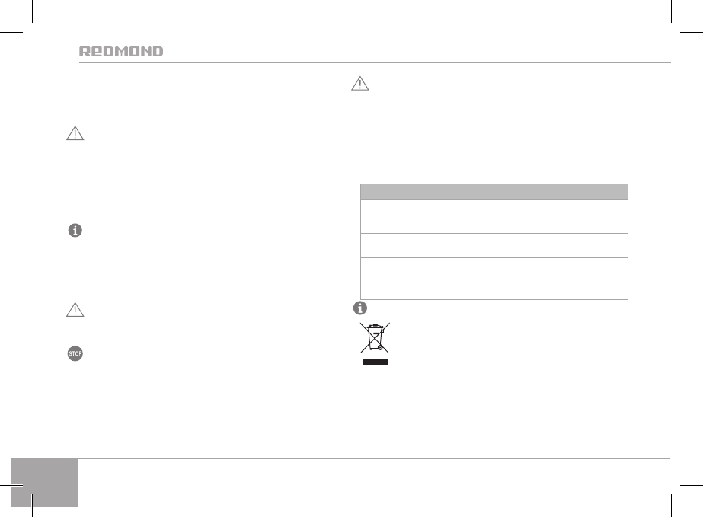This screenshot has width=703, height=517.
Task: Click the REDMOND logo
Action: [x=121, y=51]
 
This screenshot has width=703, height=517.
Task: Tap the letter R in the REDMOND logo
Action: [x=85, y=51]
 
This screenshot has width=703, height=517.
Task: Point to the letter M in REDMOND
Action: [x=122, y=51]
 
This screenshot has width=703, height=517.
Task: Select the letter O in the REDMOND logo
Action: [x=134, y=51]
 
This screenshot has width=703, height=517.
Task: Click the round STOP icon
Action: [x=75, y=353]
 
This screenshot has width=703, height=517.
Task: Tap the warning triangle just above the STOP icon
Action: [x=75, y=310]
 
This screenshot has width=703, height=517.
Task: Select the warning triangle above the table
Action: [x=360, y=84]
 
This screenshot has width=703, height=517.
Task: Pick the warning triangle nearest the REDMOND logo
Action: [x=75, y=133]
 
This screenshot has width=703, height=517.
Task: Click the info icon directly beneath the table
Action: [x=360, y=308]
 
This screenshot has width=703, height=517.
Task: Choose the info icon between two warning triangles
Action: [x=75, y=231]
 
